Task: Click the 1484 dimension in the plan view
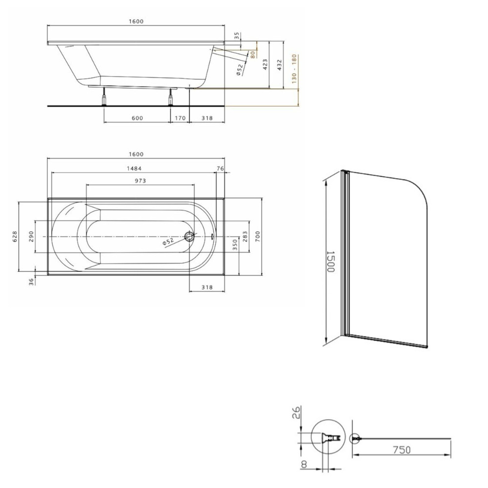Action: (134, 168)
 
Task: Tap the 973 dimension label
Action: (141, 181)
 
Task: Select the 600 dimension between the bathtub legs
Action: (137, 118)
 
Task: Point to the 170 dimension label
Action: (180, 118)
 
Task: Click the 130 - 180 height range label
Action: (294, 69)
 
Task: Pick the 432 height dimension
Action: (280, 65)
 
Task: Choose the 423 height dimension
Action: (265, 64)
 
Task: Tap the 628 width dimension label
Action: (15, 237)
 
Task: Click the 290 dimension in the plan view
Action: (31, 237)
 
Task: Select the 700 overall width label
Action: (257, 237)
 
